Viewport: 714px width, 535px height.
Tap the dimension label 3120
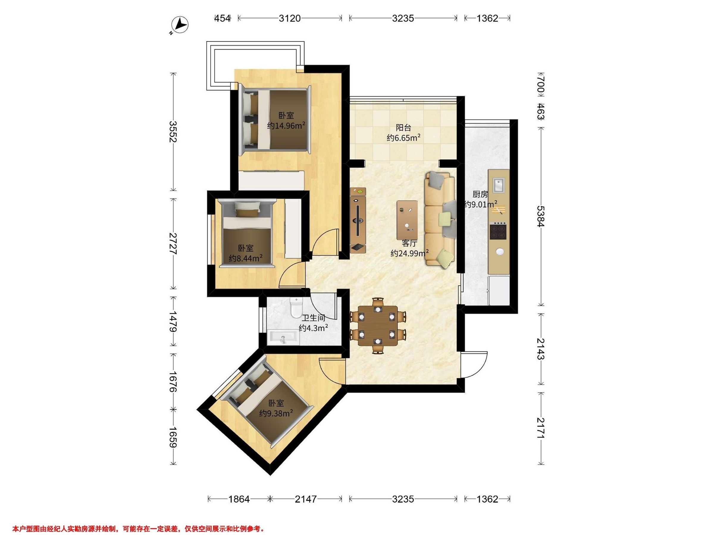(289, 18)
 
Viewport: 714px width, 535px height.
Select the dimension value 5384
(541, 216)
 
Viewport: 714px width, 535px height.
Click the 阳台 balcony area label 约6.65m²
(403, 138)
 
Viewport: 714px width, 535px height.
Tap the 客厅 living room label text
(410, 243)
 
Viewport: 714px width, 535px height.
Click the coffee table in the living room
(407, 220)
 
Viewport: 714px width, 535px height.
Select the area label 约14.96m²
(286, 126)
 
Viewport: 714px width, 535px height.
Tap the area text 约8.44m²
(246, 258)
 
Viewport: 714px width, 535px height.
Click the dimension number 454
(223, 18)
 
